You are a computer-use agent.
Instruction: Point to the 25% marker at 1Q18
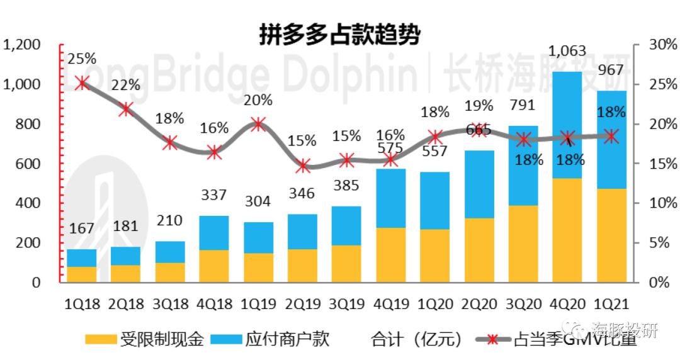coord(81,82)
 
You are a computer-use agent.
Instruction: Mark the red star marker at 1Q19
coord(258,124)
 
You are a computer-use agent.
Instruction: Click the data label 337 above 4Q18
coord(213,195)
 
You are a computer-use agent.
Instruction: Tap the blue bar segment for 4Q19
coord(390,198)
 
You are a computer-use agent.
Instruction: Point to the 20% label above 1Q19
coord(258,100)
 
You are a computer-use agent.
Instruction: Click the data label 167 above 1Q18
coord(81,228)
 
